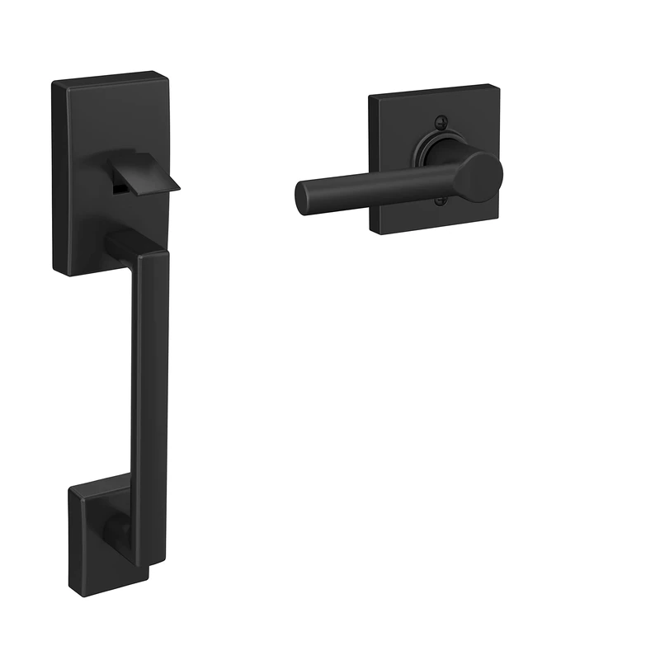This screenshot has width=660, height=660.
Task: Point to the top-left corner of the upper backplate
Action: (54, 83)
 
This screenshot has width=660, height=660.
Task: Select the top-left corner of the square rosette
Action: (370, 97)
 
